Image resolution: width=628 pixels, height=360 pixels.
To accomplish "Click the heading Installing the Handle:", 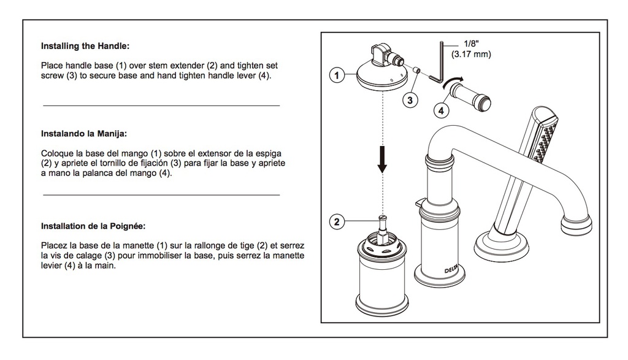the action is click(x=85, y=46).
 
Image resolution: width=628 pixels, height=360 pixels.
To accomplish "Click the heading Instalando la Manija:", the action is click(x=83, y=134).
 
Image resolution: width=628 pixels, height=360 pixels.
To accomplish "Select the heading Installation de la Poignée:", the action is click(x=93, y=226).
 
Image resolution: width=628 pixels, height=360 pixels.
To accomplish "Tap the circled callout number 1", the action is click(x=337, y=75).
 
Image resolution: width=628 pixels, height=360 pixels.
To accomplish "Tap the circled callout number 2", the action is click(x=337, y=221).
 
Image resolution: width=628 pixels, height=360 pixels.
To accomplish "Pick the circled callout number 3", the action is click(x=410, y=100).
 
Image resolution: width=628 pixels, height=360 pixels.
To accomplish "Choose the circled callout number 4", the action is click(x=441, y=110).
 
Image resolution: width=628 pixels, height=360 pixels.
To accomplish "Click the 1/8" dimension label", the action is click(x=471, y=44).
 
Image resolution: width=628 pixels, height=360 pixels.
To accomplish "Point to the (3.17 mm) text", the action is click(x=471, y=54).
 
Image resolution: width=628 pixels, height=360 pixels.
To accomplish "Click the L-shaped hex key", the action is click(x=441, y=64).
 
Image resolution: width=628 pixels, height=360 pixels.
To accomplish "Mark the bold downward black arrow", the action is click(x=383, y=159).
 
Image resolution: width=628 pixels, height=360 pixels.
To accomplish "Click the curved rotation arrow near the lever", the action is click(x=453, y=80).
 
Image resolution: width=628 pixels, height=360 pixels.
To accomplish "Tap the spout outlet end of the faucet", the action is click(x=576, y=225).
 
